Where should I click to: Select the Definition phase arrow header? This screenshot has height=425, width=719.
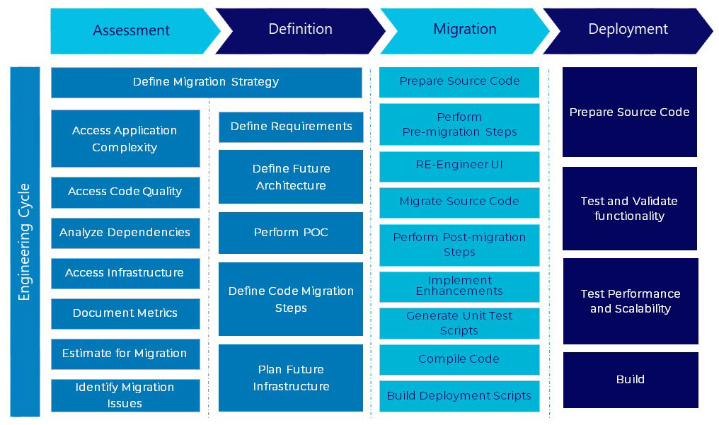point(300,30)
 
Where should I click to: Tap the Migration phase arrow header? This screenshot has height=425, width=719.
point(465,30)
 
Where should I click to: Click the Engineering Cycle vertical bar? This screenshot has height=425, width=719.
point(25,242)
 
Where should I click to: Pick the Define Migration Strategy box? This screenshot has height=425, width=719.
point(207,83)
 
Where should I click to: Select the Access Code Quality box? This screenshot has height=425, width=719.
point(125,192)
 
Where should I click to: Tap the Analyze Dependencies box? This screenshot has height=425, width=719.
point(125,233)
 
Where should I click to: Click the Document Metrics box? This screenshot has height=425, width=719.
point(125,314)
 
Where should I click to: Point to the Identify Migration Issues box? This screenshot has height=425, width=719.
point(125,395)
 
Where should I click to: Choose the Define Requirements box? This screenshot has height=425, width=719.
point(291,127)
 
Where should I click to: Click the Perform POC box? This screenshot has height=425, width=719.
point(291,233)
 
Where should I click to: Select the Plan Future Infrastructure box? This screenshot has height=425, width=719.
point(291,378)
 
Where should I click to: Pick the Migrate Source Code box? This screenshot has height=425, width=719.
point(459,202)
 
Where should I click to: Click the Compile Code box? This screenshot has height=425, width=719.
point(459,360)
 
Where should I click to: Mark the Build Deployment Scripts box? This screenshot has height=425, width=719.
point(459,396)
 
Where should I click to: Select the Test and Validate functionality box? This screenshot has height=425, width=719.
point(630,209)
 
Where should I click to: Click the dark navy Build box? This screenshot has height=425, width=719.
point(631,380)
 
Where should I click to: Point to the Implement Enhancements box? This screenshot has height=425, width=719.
point(459,287)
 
